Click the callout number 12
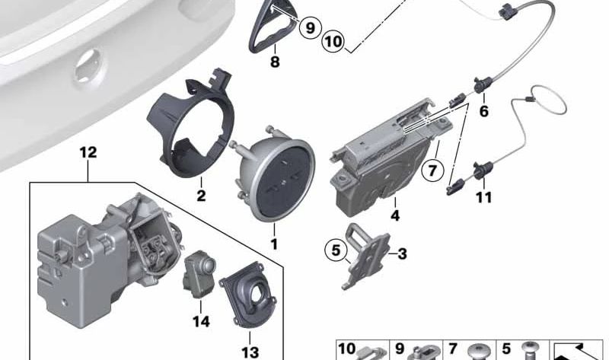88,152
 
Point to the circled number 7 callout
432,170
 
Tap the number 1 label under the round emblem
274,245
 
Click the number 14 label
200,321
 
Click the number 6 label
483,112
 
